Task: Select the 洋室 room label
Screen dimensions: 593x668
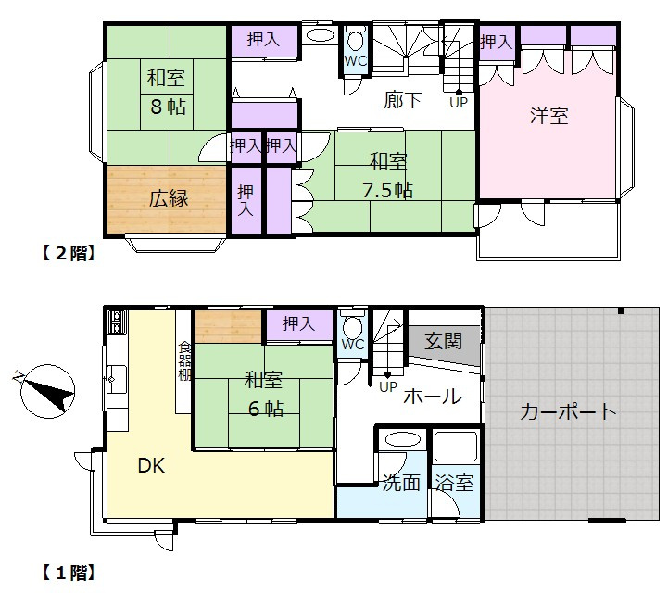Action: click(548, 116)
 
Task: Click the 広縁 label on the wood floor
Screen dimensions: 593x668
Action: click(169, 197)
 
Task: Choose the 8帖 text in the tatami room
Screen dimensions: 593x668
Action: click(168, 106)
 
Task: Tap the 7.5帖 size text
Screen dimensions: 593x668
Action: click(387, 190)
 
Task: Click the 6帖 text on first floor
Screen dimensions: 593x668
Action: click(264, 409)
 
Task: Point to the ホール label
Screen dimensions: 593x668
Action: click(431, 397)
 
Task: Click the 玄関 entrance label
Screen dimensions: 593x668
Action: click(444, 340)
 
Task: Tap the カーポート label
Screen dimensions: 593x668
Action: click(568, 411)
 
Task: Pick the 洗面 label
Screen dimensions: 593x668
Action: click(401, 483)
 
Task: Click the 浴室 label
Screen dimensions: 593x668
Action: click(455, 483)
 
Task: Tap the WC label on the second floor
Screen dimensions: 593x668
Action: click(356, 61)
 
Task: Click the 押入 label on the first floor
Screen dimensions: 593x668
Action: click(297, 324)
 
